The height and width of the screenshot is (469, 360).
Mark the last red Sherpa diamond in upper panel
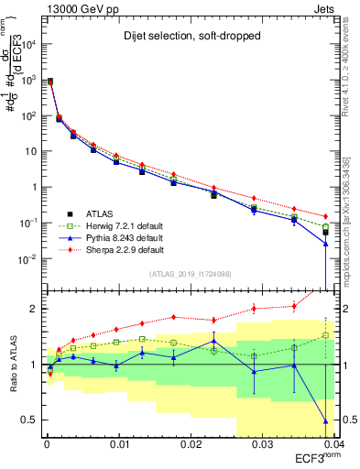coord(325,216)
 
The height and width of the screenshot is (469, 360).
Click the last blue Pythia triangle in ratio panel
coord(325,421)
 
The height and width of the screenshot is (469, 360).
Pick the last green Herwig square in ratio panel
coord(325,335)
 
